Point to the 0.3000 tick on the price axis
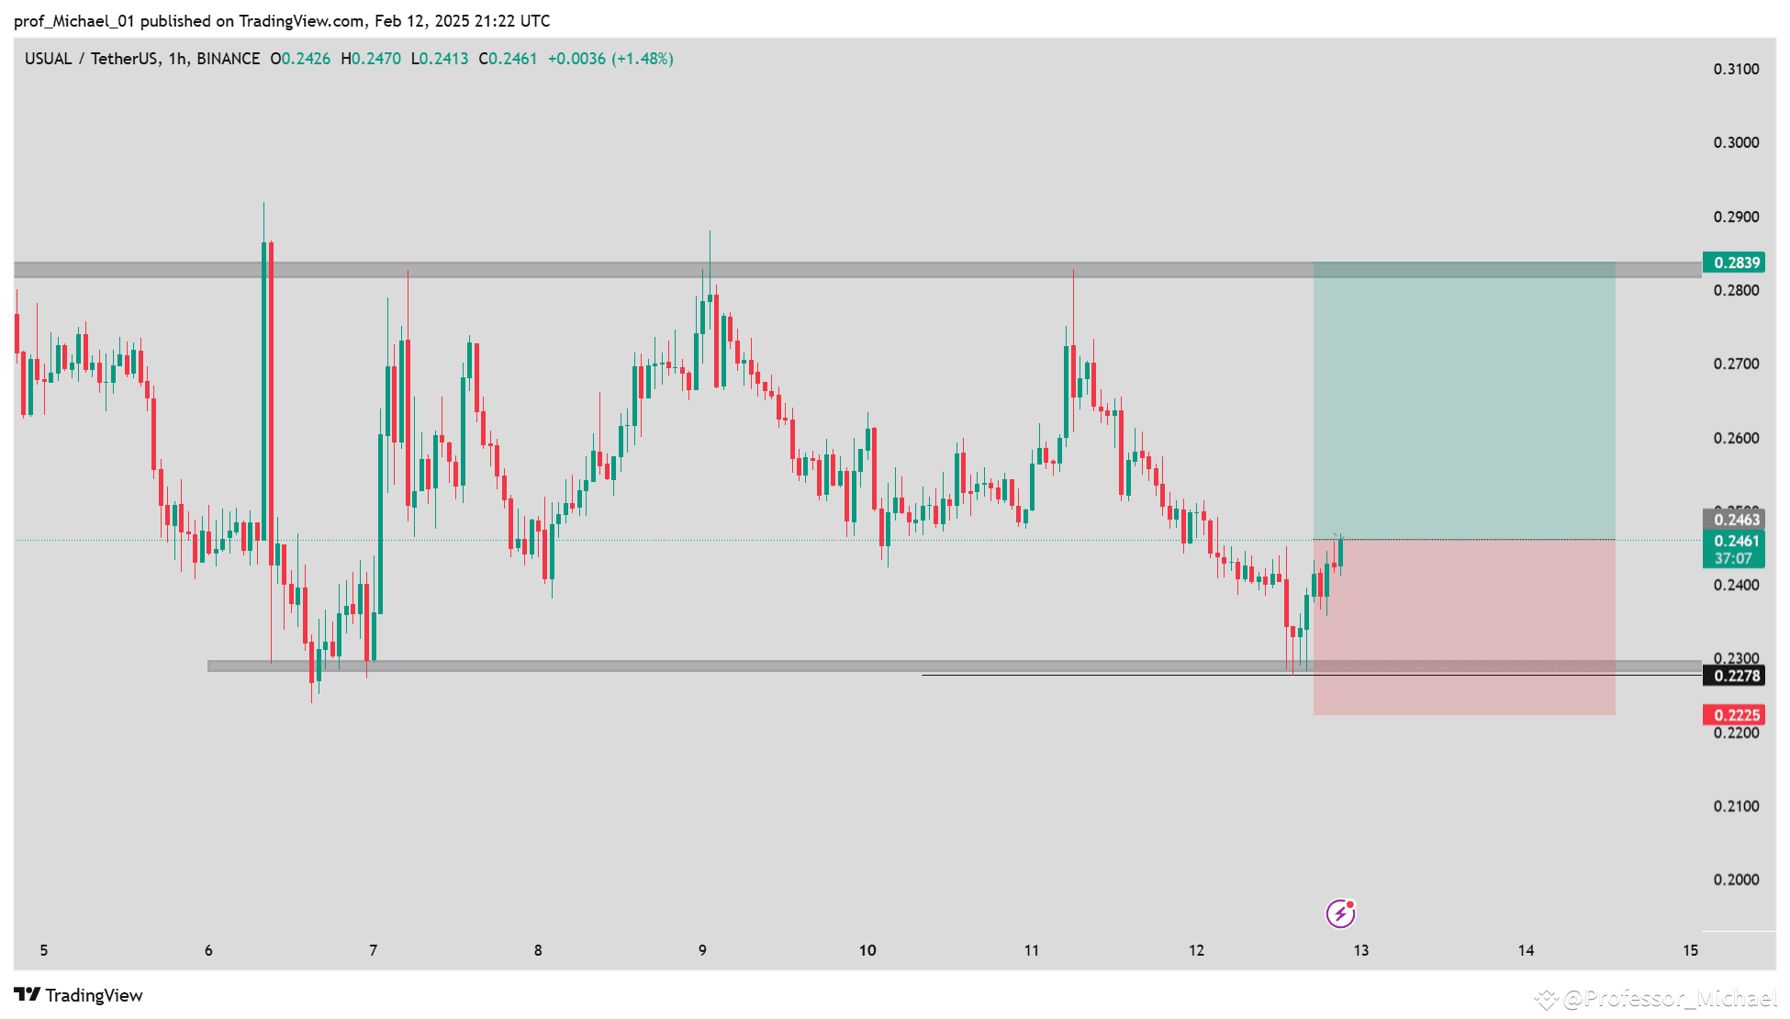click(1736, 142)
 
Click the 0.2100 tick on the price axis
click(1736, 806)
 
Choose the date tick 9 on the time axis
click(702, 950)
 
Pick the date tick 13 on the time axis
click(1360, 950)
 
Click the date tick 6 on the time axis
click(208, 950)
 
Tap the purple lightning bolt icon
click(1340, 913)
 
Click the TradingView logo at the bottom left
click(79, 995)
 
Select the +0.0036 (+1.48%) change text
click(610, 59)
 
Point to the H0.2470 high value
click(371, 59)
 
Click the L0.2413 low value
click(440, 59)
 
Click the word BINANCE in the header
click(229, 59)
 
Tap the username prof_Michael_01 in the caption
click(74, 20)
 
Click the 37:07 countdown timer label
click(1733, 558)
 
